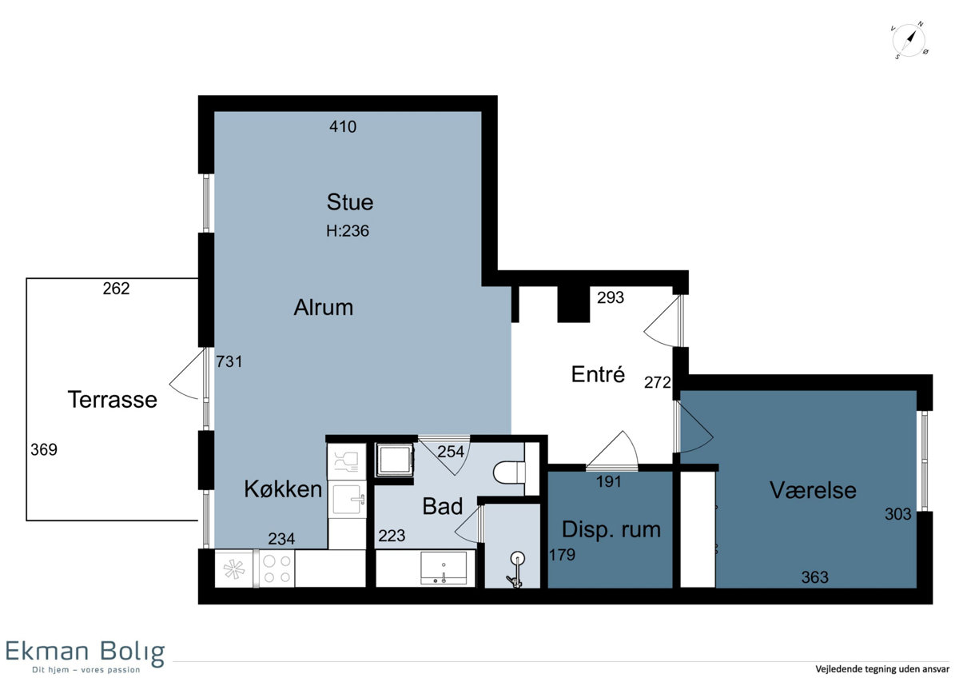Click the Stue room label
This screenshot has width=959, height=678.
point(350,202)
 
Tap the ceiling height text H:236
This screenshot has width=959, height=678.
point(347,231)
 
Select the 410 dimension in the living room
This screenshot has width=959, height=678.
point(343,127)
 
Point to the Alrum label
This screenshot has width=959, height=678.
point(323,308)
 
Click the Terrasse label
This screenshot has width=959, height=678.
point(112,400)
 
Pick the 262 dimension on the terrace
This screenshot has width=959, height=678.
point(116,289)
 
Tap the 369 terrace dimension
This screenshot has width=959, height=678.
point(44,449)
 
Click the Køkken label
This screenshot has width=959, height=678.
point(283,489)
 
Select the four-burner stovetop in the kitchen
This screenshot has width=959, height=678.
point(277,568)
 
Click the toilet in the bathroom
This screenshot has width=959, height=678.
point(509,473)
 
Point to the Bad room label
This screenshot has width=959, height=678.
point(442,506)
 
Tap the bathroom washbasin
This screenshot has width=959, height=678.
point(444,568)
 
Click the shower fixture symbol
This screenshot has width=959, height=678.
point(516,569)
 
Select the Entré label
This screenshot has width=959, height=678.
point(598,374)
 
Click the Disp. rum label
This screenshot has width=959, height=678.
point(611,530)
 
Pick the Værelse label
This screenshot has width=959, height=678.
point(813,490)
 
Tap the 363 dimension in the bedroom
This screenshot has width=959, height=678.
point(814,577)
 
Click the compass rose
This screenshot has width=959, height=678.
point(909,41)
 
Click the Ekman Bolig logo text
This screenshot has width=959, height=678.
point(85,652)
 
